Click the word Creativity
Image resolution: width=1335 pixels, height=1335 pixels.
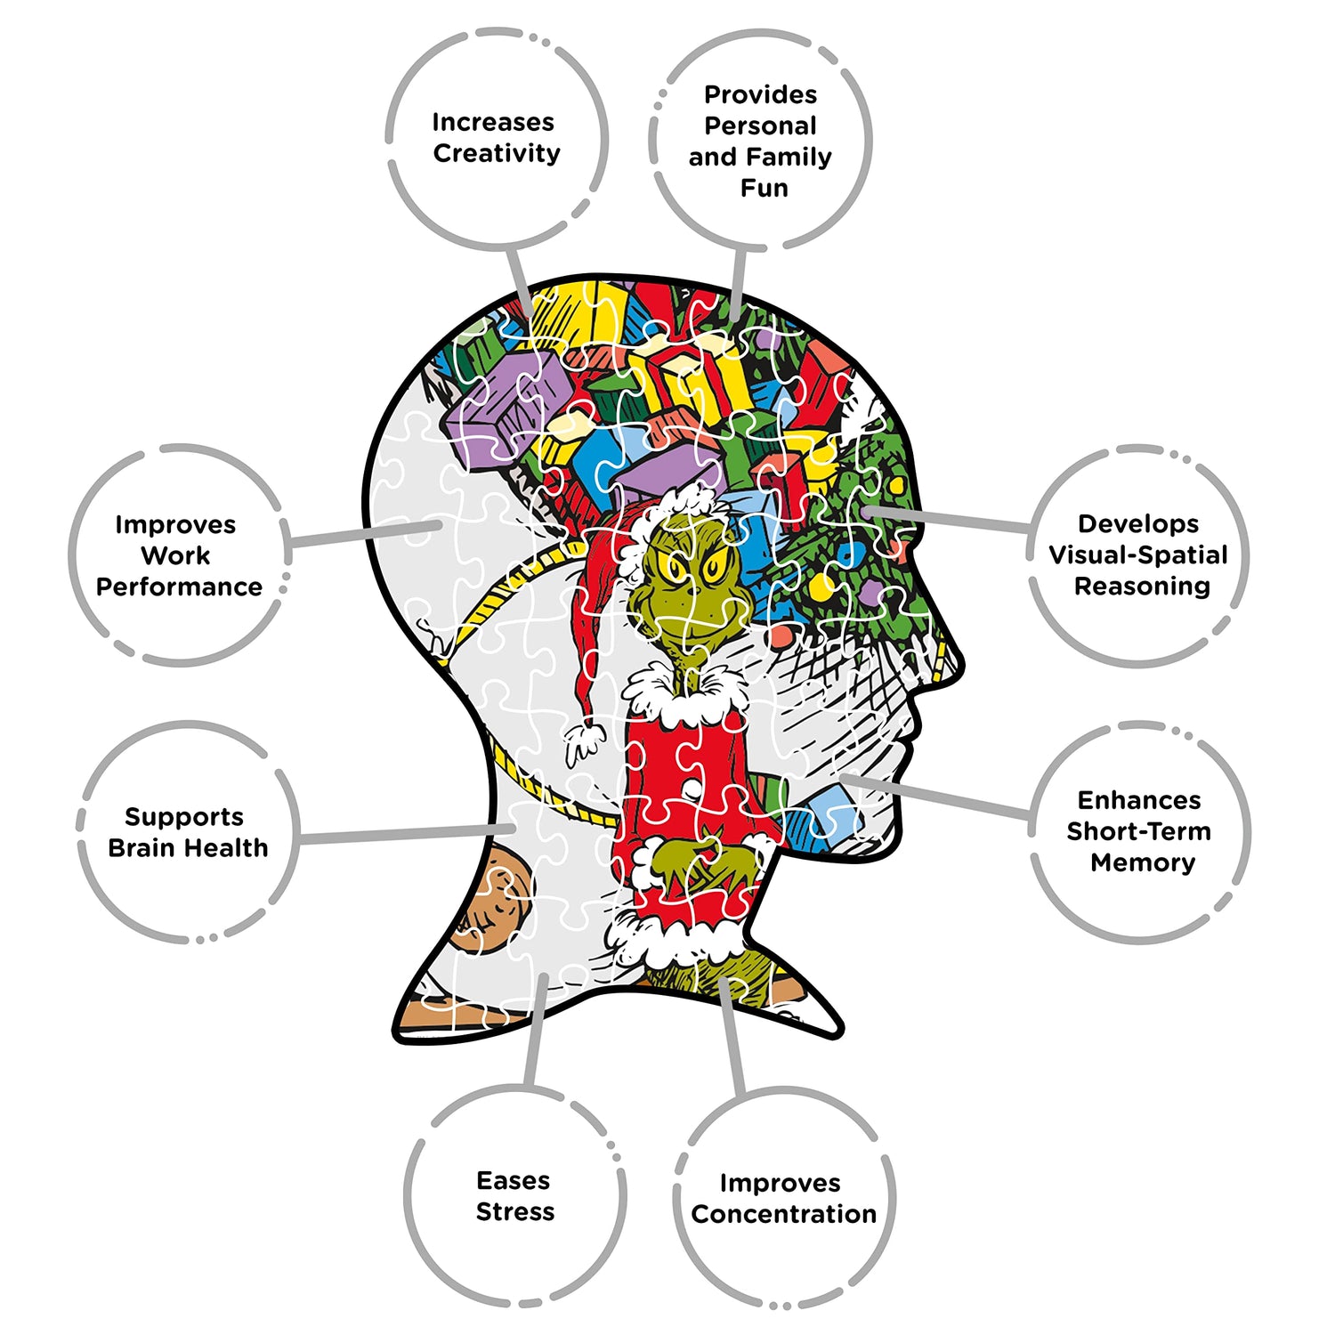point(497,153)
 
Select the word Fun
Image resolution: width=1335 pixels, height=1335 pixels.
point(764,188)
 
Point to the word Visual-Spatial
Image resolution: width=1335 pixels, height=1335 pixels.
point(1138,554)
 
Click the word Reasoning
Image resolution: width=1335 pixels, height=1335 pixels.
point(1142,586)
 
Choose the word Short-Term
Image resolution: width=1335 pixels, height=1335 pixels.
point(1138,831)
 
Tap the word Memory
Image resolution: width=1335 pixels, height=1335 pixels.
point(1142,862)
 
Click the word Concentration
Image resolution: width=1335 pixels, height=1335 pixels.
point(783,1214)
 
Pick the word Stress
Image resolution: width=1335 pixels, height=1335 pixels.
point(514,1211)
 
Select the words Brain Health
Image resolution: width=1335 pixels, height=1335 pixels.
point(188,847)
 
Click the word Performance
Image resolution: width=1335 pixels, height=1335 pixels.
point(179,587)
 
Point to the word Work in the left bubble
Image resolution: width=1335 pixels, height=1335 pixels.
point(175,555)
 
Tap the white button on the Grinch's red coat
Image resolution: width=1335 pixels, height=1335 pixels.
point(691,789)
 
